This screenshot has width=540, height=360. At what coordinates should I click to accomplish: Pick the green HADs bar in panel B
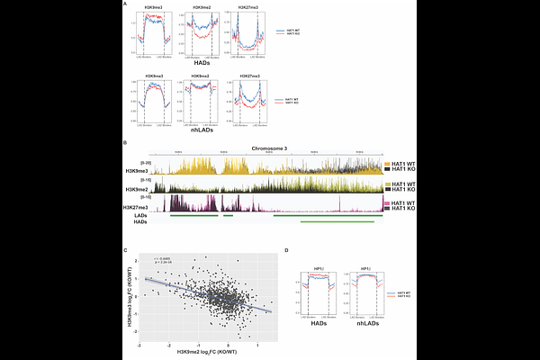[x=347, y=221]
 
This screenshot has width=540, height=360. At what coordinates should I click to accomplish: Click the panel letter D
[x=286, y=251]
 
